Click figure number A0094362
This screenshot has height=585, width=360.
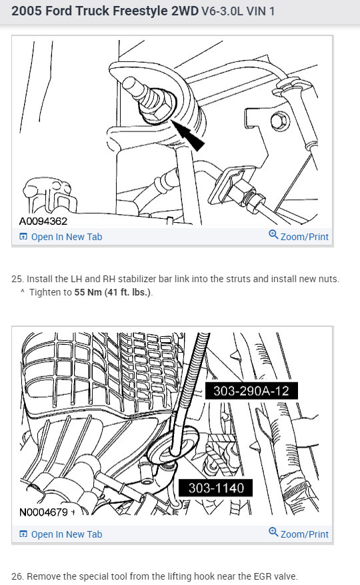click(x=43, y=221)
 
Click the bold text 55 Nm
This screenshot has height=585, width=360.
click(x=88, y=292)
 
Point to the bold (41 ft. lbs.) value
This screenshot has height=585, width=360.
click(x=128, y=292)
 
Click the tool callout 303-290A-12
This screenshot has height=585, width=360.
click(x=251, y=392)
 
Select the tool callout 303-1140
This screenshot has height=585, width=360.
click(x=215, y=488)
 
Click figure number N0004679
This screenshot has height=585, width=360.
click(x=44, y=512)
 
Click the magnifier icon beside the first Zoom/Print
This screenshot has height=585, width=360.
click(x=273, y=235)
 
